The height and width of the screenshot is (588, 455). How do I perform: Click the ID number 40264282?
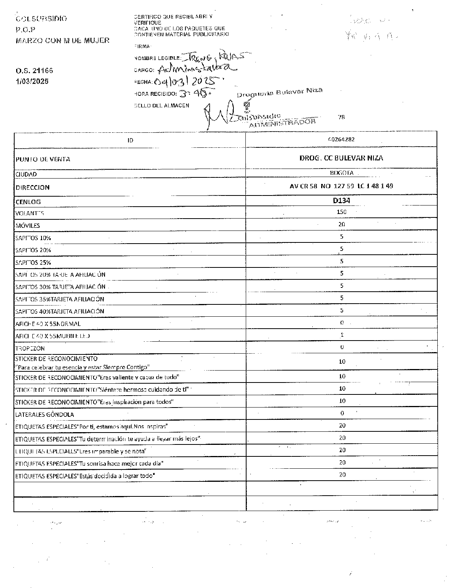pos(341,140)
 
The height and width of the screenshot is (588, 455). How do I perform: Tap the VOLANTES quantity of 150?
pos(341,212)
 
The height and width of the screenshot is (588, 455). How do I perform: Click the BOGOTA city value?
pos(341,173)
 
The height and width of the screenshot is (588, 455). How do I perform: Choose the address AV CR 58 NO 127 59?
pos(341,186)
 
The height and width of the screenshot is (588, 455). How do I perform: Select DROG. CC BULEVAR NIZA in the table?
pos(341,158)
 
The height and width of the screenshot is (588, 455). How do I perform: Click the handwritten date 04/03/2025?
pos(188,81)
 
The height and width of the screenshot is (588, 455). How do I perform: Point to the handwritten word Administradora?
pos(196,69)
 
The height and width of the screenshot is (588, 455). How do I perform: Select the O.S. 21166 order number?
pos(34,71)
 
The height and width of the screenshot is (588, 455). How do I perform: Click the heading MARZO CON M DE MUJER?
pos(62,40)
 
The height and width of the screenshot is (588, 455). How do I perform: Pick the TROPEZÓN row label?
pos(30,348)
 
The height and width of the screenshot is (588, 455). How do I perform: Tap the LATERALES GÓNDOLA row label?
pos(44,414)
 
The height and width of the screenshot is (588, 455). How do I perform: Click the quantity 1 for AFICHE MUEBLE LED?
pos(342,335)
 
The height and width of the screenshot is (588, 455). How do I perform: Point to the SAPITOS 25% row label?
pos(33,262)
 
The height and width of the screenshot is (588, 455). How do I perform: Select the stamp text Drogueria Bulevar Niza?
pos(279,92)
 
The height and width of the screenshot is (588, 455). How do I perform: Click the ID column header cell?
pos(130,140)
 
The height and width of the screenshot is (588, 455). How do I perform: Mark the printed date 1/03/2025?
pos(32,81)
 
